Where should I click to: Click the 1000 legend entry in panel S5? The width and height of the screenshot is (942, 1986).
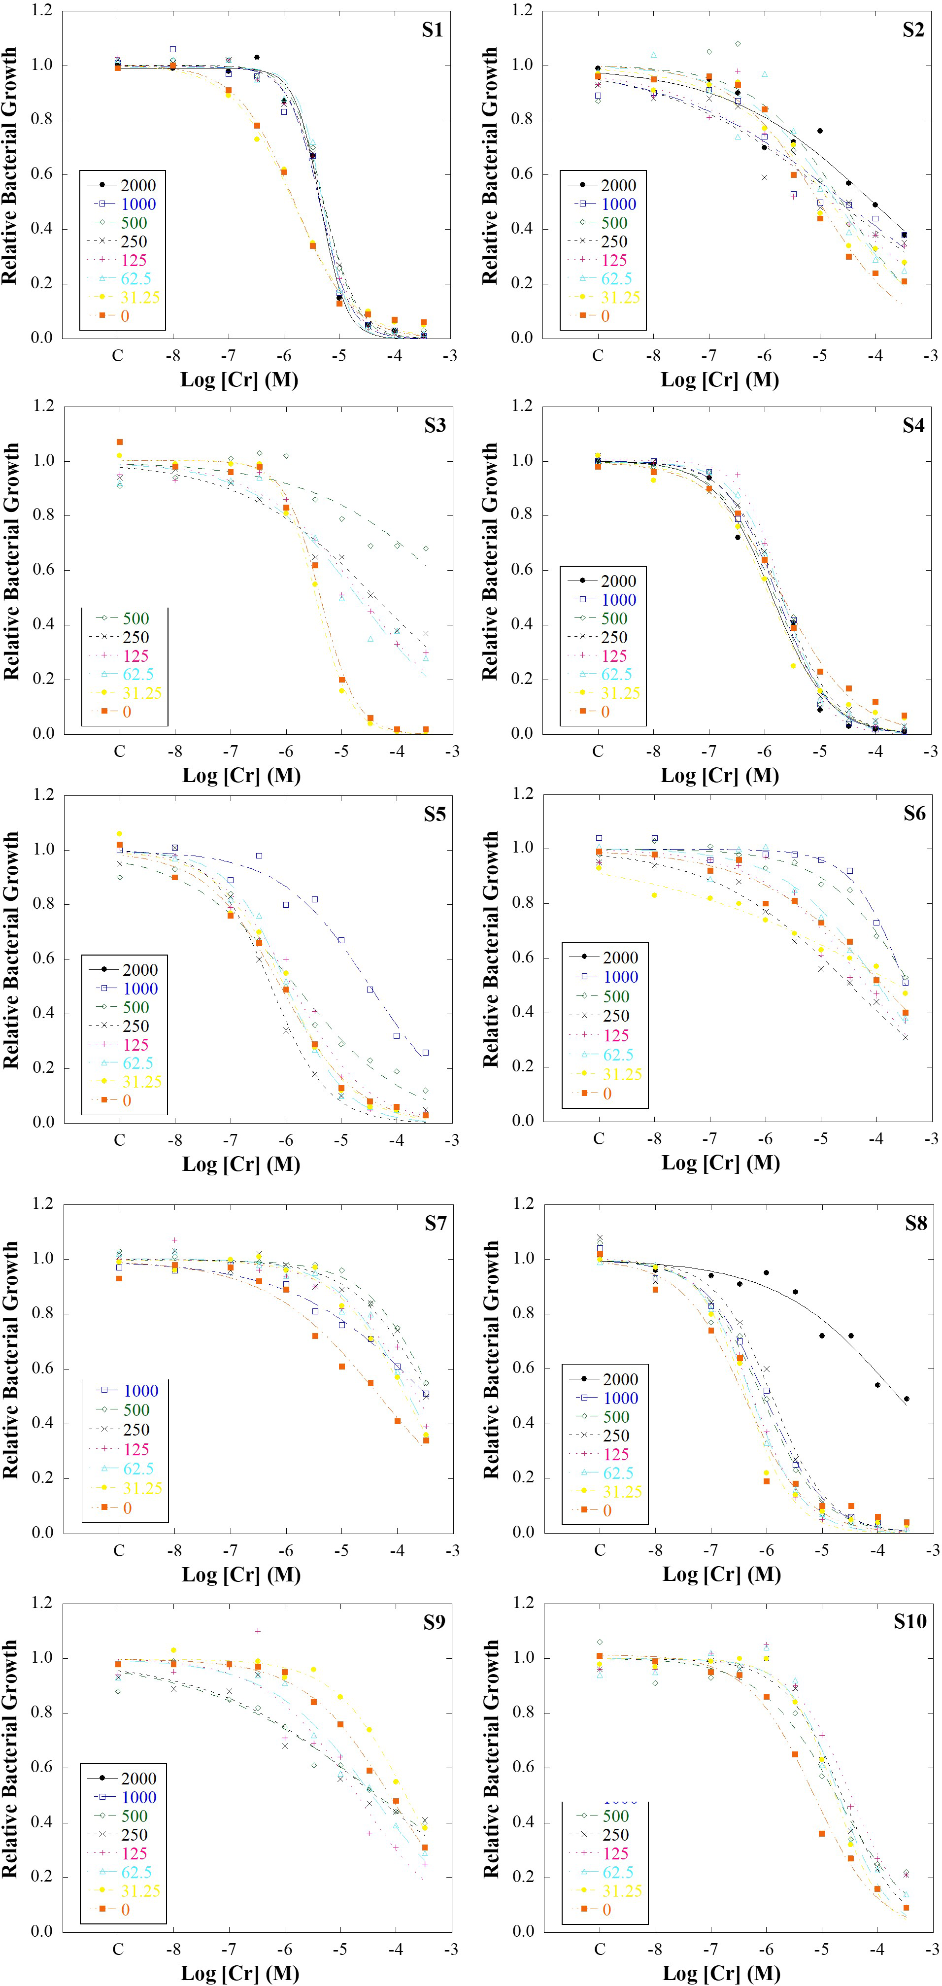coord(139,989)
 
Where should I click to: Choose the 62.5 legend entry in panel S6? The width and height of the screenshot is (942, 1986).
coord(618,1054)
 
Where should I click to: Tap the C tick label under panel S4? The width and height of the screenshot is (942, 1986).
coord(598,752)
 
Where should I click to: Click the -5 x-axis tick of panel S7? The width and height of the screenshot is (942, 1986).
coord(341,1550)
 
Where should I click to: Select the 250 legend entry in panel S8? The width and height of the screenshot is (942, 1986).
coord(616,1436)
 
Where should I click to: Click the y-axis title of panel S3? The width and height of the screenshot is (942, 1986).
coord(11,561)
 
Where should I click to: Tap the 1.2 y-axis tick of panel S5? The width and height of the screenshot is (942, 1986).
coord(43,795)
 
